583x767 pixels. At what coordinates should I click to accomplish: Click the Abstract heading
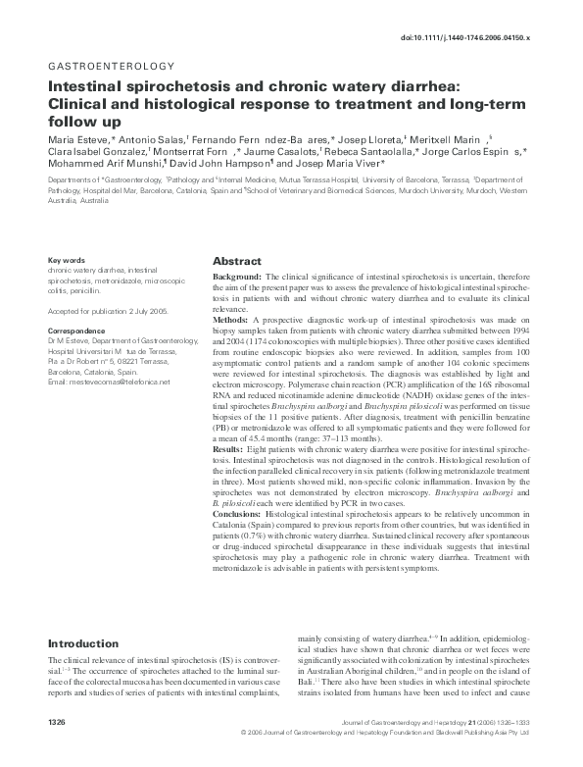point(237,262)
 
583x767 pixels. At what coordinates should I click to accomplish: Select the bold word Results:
point(229,448)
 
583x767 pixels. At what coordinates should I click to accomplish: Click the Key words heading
point(67,260)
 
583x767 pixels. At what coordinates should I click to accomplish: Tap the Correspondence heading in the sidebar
point(77,332)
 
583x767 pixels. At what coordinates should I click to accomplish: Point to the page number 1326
point(59,748)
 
